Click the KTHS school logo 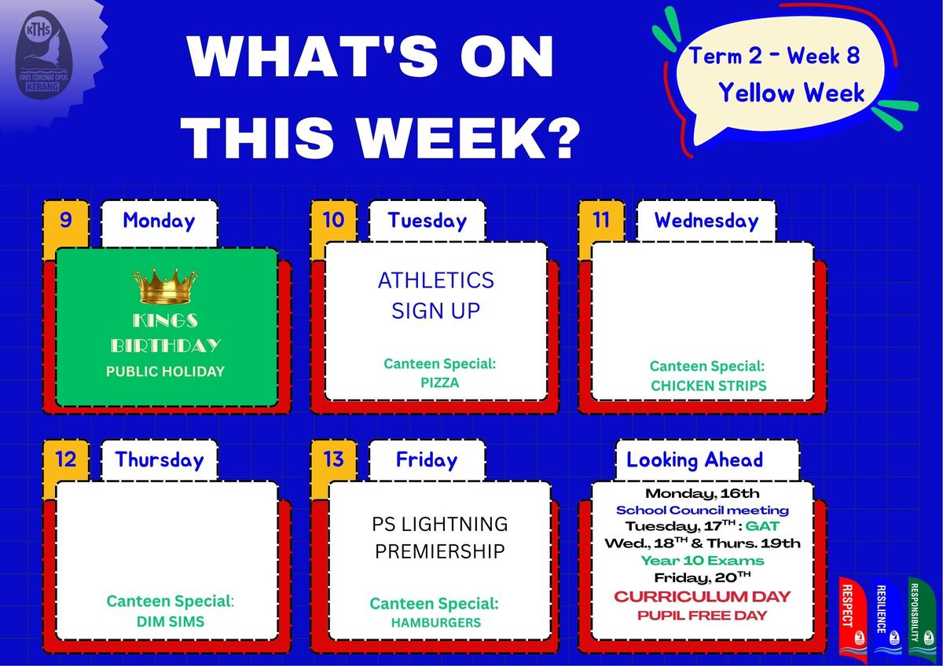[x=44, y=55]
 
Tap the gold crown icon [x=165, y=286]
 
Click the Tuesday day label [x=427, y=221]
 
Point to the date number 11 [x=600, y=220]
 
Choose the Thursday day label [x=160, y=459]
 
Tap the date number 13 [x=333, y=459]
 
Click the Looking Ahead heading [x=695, y=460]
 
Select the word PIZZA [x=440, y=382]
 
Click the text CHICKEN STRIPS [x=709, y=386]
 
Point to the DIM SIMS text [x=171, y=621]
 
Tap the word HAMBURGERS [x=436, y=622]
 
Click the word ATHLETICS [x=436, y=280]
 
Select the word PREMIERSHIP [x=440, y=551]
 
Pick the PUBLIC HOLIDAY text [x=165, y=371]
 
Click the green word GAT [x=762, y=526]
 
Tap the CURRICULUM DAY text [x=703, y=597]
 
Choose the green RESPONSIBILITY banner [x=921, y=617]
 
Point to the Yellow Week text [x=791, y=93]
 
